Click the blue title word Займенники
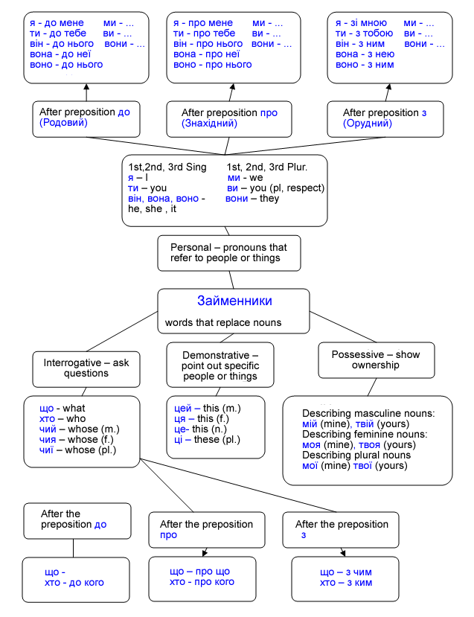pos(234,301)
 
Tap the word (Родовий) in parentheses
pos(63,122)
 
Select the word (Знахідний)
pos(209,123)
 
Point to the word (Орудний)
pos(368,123)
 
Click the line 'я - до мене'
pos(57,23)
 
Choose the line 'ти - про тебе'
pos(204,33)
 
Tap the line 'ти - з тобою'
pos(365,33)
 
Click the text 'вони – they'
pos(252,198)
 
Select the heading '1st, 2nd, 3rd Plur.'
pos(267,167)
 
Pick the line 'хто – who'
pos(63,419)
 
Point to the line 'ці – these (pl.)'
pos(207,440)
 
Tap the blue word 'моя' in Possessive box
pos(311,444)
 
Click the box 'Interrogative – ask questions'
pos(86,369)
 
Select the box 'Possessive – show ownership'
pos(377,360)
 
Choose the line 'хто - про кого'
pos(202,582)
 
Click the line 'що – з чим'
pos(346,572)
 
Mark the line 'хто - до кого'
pos(74,582)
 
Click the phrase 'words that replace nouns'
pos(223,323)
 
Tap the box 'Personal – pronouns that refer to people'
pos(229,253)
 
